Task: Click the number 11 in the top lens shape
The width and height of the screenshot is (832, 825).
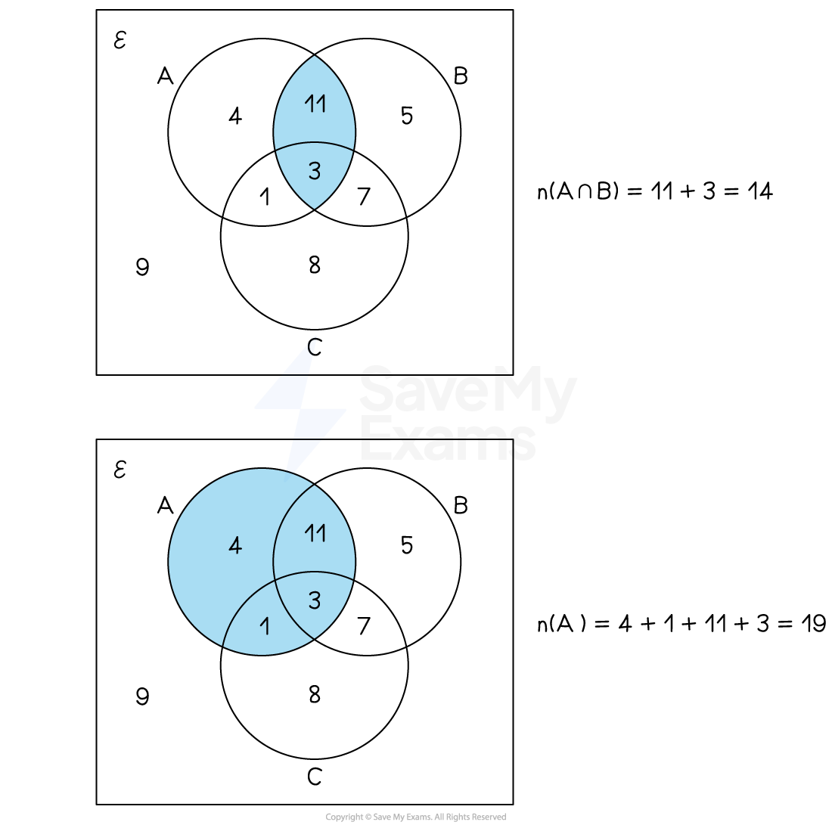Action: click(315, 103)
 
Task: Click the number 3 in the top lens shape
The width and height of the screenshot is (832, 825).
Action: click(315, 171)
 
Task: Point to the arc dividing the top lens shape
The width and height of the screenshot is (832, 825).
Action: click(315, 142)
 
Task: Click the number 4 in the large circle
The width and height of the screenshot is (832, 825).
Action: click(235, 545)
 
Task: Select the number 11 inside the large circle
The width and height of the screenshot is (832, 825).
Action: click(315, 533)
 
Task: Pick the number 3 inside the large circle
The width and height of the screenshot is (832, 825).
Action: click(315, 600)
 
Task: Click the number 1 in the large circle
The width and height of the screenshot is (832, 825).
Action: click(265, 625)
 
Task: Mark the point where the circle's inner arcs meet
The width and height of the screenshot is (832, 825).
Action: click(275, 581)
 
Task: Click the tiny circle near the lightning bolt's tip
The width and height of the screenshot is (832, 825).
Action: click(313, 346)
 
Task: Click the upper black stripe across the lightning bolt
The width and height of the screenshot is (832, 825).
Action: click(295, 374)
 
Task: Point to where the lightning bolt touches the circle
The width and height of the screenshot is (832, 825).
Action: click(290, 471)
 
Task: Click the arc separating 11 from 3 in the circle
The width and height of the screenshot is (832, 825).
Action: click(315, 572)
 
